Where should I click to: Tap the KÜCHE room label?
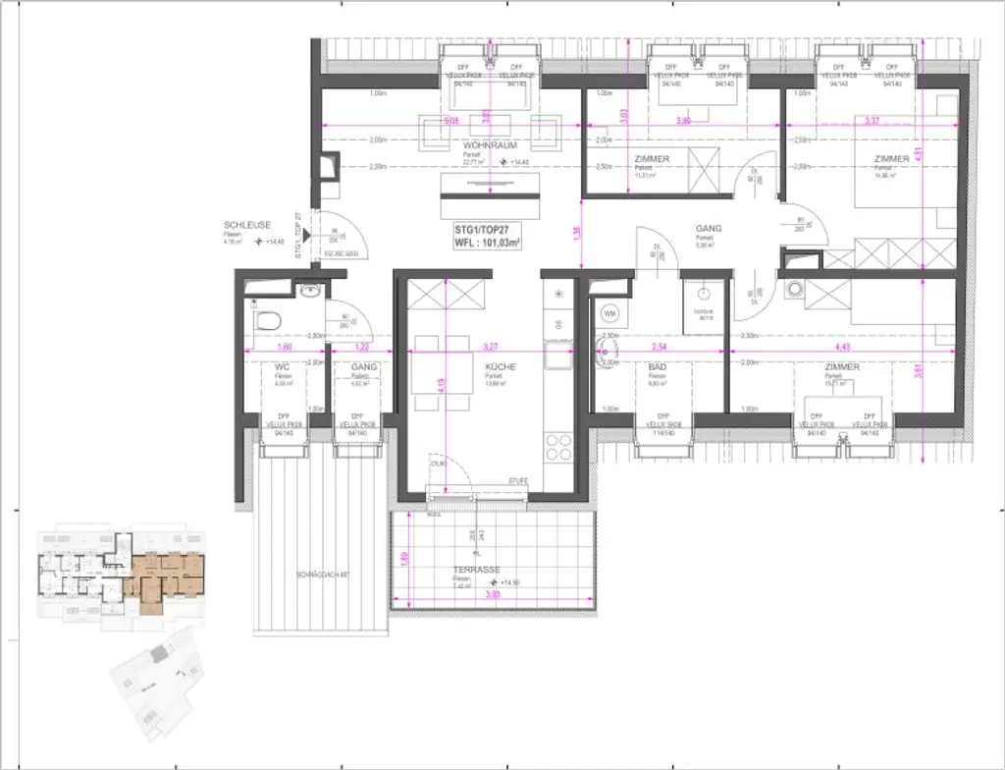tap(500, 366)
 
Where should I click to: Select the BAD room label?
tap(658, 366)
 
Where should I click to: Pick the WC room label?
tap(283, 366)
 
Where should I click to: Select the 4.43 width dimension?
tap(841, 346)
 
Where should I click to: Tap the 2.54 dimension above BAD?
tap(658, 346)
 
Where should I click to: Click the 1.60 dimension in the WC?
tap(285, 346)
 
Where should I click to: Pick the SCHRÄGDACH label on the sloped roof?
tap(320, 574)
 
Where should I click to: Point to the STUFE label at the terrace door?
tap(517, 480)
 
